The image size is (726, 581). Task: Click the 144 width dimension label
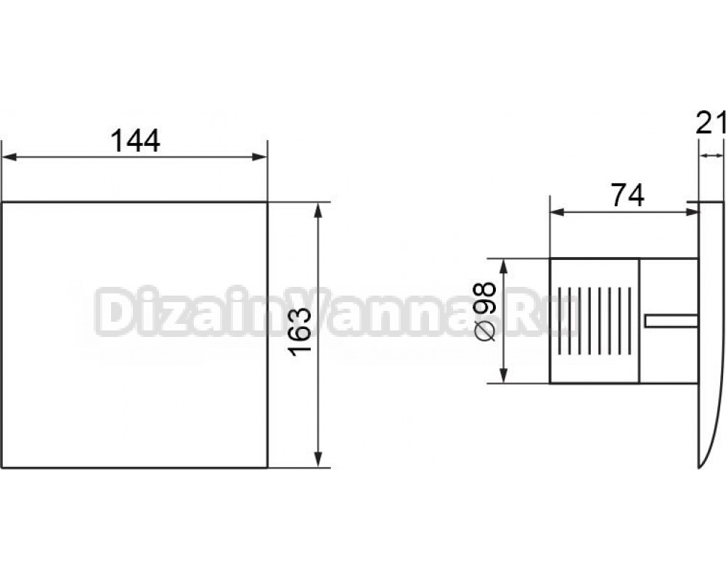(135, 141)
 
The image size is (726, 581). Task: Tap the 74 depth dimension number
(627, 195)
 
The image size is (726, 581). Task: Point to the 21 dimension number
(711, 123)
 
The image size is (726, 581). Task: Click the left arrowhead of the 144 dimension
(10, 157)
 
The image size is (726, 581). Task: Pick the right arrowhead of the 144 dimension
(259, 157)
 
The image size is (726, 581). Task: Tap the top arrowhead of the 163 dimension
(318, 211)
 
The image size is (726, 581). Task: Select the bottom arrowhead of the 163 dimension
(318, 460)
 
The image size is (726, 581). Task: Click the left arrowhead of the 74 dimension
(558, 212)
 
